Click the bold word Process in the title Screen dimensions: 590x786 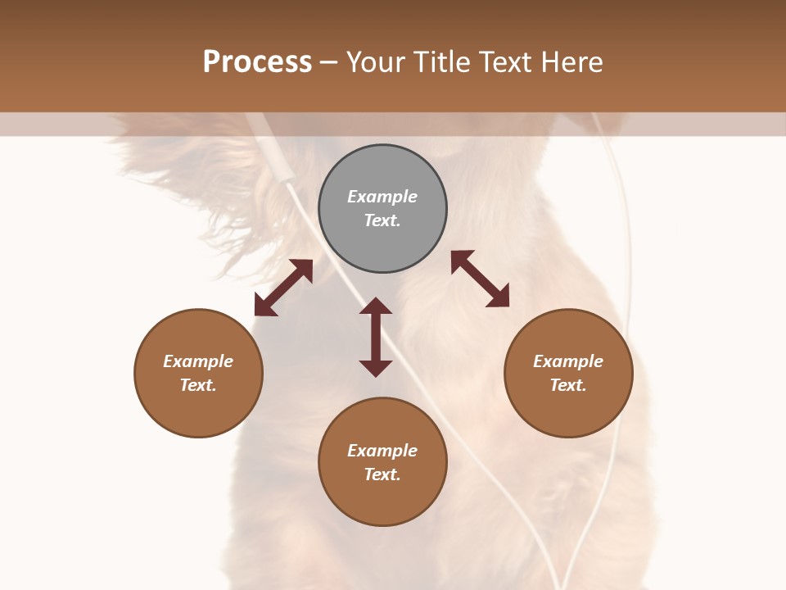tap(257, 62)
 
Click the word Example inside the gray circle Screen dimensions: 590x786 tap(382, 197)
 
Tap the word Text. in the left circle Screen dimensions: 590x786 tap(198, 385)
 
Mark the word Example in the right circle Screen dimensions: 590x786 tap(568, 361)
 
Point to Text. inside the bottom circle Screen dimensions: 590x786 tap(382, 474)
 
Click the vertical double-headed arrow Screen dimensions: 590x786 tap(376, 337)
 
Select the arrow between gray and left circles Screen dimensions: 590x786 tap(283, 288)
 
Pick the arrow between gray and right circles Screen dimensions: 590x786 tap(481, 279)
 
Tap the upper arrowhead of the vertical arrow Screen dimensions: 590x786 tap(376, 306)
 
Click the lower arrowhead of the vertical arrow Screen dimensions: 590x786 tap(376, 368)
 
